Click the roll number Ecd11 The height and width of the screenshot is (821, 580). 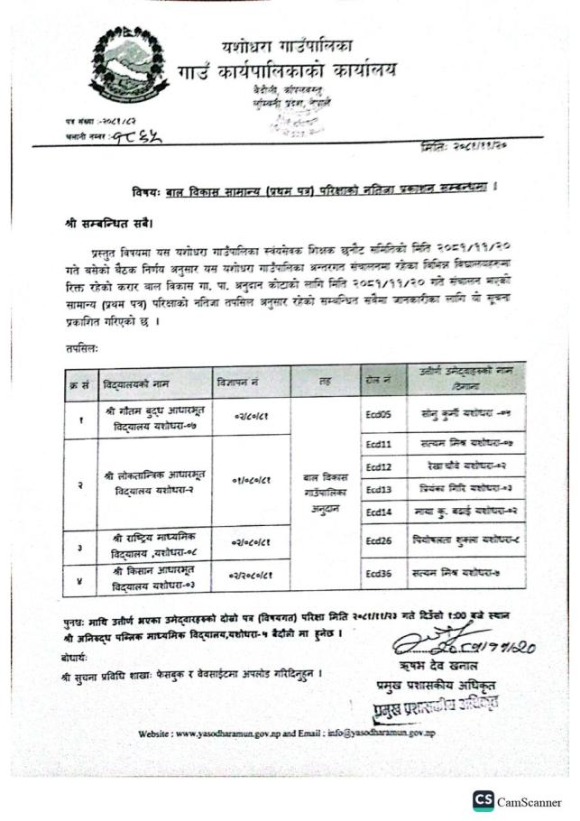379,445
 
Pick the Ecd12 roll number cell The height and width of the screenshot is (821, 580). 379,467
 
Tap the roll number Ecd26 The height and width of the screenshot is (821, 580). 379,543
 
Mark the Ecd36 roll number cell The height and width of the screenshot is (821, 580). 379,573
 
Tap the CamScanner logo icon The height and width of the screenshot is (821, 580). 483,801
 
